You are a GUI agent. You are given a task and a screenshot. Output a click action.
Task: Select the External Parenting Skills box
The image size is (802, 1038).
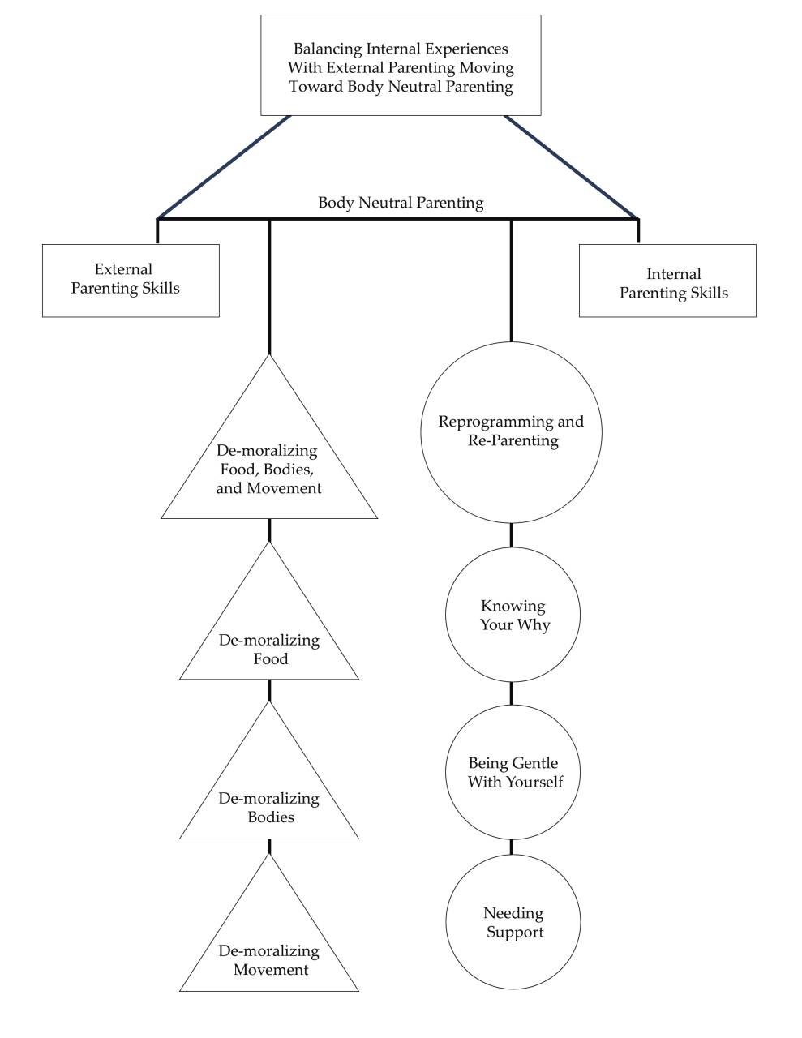pyautogui.click(x=131, y=280)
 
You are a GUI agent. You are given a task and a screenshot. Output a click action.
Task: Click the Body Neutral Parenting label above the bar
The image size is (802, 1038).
pyautogui.click(x=401, y=203)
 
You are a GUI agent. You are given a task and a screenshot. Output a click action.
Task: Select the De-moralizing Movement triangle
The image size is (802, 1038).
pyautogui.click(x=269, y=953)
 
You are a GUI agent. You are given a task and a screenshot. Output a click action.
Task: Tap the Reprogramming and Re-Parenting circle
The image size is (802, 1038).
pyautogui.click(x=511, y=431)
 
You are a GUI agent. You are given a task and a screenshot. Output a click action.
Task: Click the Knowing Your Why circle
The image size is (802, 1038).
pyautogui.click(x=513, y=615)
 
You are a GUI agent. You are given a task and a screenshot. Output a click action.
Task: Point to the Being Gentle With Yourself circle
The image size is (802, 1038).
pyautogui.click(x=513, y=772)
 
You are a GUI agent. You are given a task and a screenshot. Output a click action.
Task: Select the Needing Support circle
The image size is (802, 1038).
pyautogui.click(x=513, y=922)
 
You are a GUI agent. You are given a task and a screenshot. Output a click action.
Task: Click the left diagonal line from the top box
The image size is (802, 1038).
pyautogui.click(x=224, y=167)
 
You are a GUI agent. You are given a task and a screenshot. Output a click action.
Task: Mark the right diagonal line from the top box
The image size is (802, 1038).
pyautogui.click(x=572, y=167)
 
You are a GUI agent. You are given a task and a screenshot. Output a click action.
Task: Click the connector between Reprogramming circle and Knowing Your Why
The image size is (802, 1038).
pyautogui.click(x=511, y=535)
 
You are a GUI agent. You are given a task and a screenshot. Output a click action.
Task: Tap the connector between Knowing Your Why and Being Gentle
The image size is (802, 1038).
pyautogui.click(x=511, y=693)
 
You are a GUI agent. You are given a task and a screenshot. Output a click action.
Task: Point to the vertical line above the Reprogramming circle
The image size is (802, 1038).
pyautogui.click(x=511, y=280)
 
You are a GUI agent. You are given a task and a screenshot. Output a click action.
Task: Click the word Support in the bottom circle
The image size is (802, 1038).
pyautogui.click(x=515, y=932)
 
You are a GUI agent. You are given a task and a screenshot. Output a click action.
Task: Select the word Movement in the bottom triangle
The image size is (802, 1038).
pyautogui.click(x=271, y=970)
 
